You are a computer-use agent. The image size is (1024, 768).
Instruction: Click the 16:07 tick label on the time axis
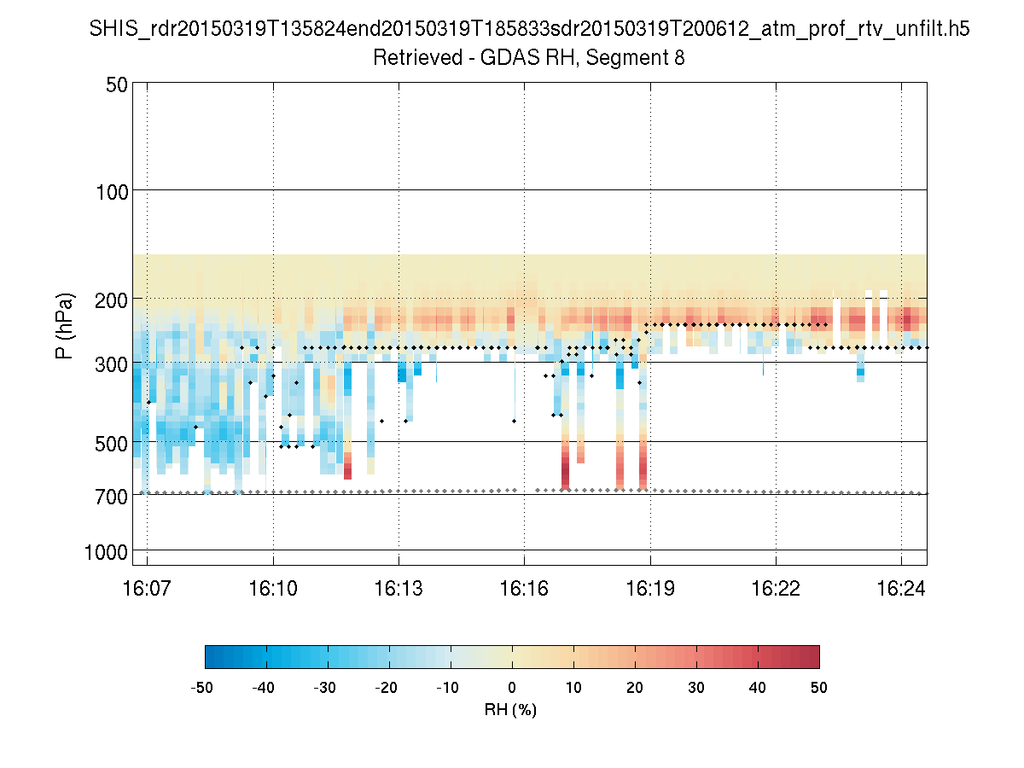pos(147,588)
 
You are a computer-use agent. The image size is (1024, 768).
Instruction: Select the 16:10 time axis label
pos(273,588)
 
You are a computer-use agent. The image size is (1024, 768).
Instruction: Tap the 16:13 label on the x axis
pos(399,588)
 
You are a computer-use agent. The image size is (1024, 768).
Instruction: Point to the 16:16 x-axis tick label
pos(524,588)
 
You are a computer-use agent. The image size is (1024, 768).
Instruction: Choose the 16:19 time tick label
pos(650,588)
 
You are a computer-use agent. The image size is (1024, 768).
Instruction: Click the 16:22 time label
pos(776,588)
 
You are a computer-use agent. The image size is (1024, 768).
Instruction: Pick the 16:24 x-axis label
pos(901,588)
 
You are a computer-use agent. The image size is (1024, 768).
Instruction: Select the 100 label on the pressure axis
pos(109,190)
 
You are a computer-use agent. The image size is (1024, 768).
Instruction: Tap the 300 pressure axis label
pos(109,364)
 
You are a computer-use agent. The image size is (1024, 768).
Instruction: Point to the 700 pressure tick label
pos(109,495)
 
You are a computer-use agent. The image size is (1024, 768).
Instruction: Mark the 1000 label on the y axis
pos(105,552)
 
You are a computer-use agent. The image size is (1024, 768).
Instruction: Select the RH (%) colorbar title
pos(511,709)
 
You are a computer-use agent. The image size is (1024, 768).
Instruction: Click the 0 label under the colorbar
pos(512,688)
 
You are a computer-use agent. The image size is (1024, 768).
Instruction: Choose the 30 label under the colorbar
pos(696,688)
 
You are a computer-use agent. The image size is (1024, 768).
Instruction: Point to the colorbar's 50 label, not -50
pos(819,688)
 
